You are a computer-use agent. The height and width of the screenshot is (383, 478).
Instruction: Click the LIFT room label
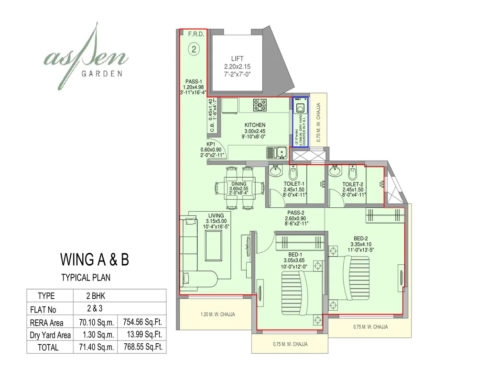click(x=237, y=59)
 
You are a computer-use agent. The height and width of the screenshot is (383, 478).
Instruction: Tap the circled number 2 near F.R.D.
click(x=194, y=48)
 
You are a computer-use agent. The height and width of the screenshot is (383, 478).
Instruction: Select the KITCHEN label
click(x=254, y=125)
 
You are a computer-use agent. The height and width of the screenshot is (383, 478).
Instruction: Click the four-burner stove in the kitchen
click(x=261, y=104)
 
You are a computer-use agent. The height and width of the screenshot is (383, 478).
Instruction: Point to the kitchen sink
click(x=277, y=153)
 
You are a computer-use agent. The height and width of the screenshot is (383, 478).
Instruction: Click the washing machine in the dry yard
click(x=300, y=108)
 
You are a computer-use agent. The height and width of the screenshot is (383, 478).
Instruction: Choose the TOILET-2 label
click(x=353, y=184)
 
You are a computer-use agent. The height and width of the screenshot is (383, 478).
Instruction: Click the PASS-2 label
click(x=296, y=213)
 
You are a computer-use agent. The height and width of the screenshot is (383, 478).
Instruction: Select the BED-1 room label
click(x=295, y=254)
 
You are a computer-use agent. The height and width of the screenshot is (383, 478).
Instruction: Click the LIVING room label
click(x=216, y=215)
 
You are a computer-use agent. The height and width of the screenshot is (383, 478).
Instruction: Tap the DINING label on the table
click(x=239, y=184)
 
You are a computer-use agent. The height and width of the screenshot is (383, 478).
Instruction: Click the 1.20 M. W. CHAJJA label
click(x=218, y=315)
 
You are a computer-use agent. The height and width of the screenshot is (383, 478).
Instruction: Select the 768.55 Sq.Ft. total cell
click(x=142, y=347)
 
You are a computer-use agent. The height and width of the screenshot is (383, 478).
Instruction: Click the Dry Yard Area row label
click(x=51, y=335)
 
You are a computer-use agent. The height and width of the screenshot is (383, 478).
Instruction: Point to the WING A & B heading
click(x=94, y=259)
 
